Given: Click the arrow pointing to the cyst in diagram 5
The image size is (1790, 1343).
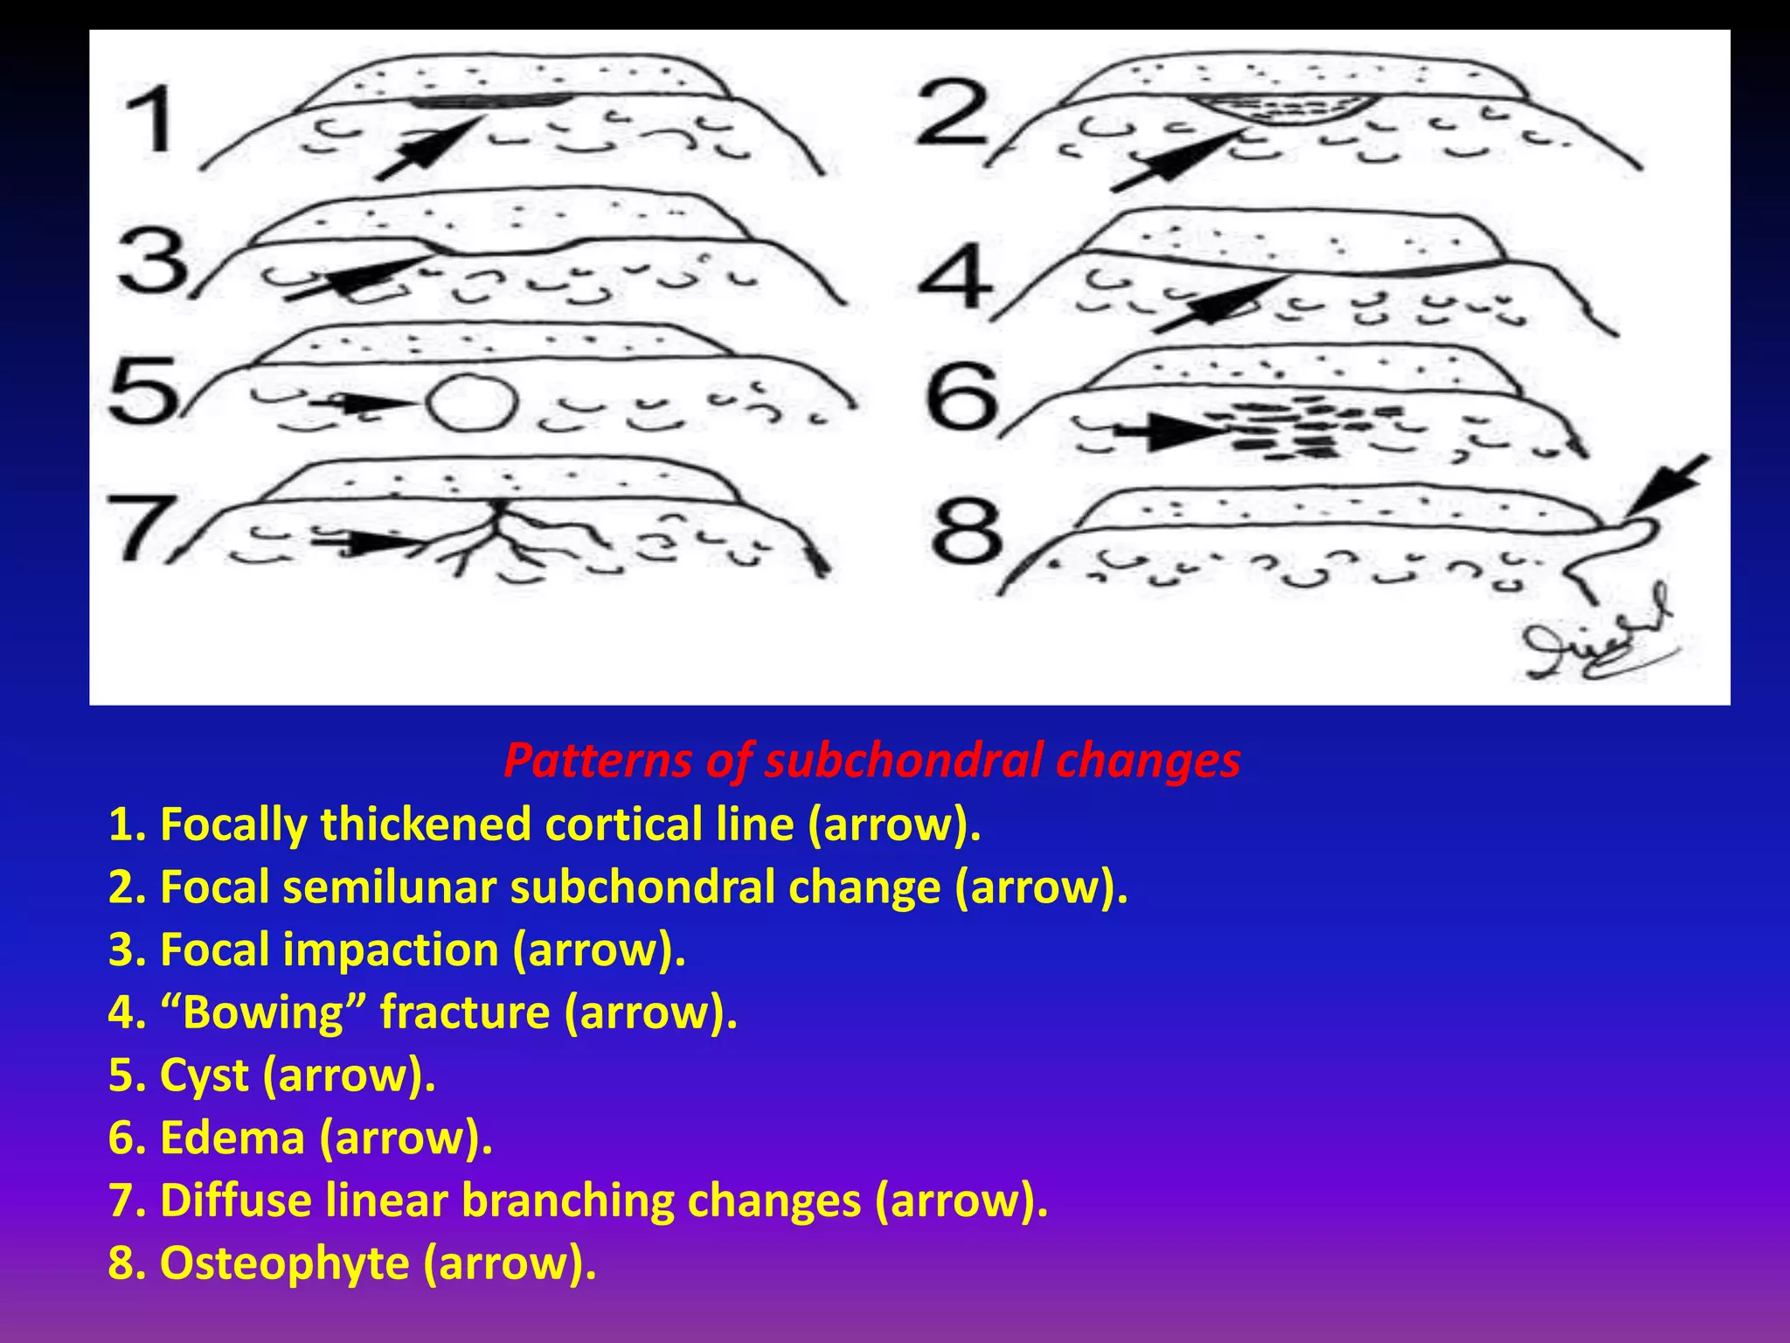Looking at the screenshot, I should (x=363, y=403).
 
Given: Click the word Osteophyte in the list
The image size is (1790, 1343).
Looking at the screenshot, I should (x=285, y=1263).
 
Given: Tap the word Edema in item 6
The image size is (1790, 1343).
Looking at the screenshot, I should (x=232, y=1138).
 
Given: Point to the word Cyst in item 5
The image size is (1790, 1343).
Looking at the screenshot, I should (x=204, y=1075).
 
